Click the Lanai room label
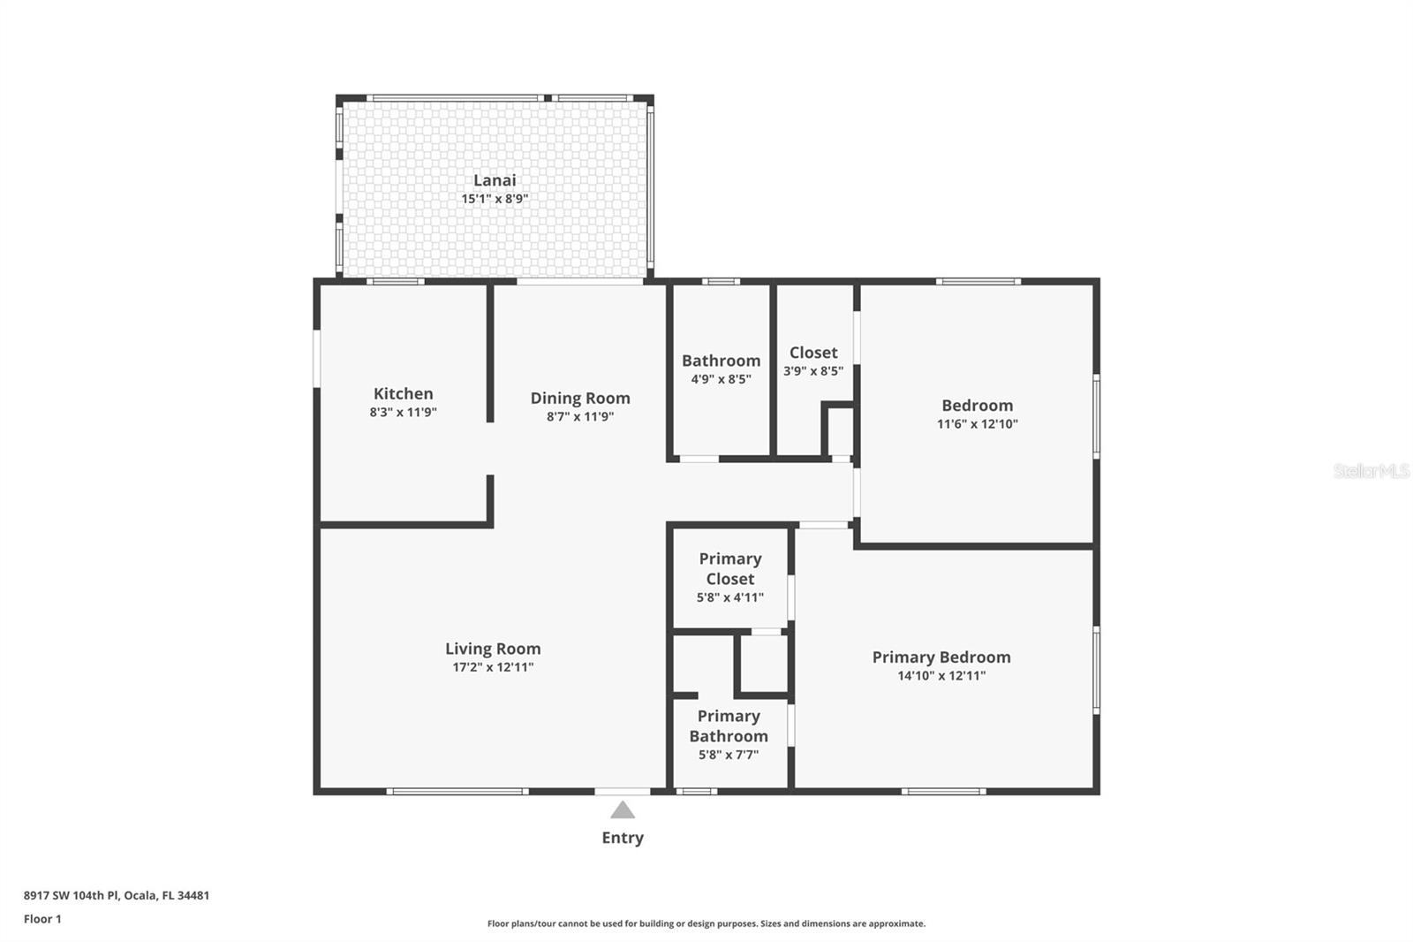click(x=495, y=180)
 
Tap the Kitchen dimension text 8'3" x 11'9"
click(x=403, y=413)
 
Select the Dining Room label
click(x=580, y=399)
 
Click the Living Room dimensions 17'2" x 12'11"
click(x=493, y=667)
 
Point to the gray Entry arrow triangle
click(x=623, y=810)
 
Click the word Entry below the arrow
click(x=623, y=838)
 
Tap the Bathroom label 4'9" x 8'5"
click(x=721, y=379)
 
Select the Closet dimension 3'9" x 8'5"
click(x=812, y=371)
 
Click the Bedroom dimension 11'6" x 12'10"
click(x=977, y=424)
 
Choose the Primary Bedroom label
click(x=941, y=657)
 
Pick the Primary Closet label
click(x=730, y=569)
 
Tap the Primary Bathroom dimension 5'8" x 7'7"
click(x=729, y=755)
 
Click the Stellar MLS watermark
click(x=1371, y=471)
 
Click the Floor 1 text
click(x=42, y=919)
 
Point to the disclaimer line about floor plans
click(x=706, y=923)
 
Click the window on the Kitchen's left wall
click(x=317, y=358)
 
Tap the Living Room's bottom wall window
click(x=457, y=791)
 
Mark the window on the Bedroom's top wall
click(x=978, y=282)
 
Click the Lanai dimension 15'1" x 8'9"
click(x=495, y=199)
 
